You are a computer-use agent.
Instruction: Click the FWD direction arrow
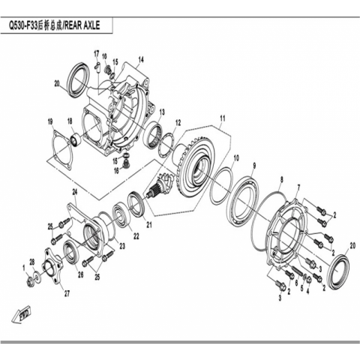point(21,315)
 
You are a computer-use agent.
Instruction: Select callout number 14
point(141,60)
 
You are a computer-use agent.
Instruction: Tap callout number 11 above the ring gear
point(223,118)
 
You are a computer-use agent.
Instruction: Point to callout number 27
point(67,294)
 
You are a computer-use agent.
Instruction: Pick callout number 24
point(75,192)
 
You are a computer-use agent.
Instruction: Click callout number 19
point(50,122)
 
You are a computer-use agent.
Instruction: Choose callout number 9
point(254,165)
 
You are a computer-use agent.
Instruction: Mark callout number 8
point(282,179)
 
